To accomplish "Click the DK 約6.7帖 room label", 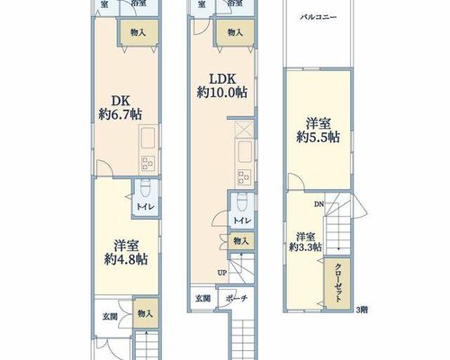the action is click(x=121, y=108).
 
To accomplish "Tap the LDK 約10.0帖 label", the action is click(x=222, y=85).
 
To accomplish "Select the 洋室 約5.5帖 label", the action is click(x=318, y=130).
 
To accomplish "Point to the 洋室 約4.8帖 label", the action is click(x=126, y=253).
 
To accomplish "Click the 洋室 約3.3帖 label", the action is click(x=306, y=242).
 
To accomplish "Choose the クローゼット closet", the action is click(x=337, y=283).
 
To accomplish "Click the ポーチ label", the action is click(x=237, y=299).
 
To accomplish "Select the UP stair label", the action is click(x=222, y=273).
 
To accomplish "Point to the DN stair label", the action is click(x=319, y=204).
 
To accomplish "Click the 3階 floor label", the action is click(x=362, y=310).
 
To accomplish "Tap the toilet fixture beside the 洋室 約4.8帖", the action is click(x=146, y=188).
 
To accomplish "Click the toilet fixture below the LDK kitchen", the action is click(x=242, y=202).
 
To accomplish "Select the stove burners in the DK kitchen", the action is click(x=148, y=165).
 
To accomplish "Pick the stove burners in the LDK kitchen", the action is click(x=245, y=177).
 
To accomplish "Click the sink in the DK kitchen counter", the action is click(x=148, y=138).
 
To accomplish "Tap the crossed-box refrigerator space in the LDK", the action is click(x=244, y=130).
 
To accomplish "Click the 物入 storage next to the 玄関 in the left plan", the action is click(x=146, y=313).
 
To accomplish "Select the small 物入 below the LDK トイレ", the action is click(x=241, y=241).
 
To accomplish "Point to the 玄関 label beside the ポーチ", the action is click(x=203, y=299).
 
